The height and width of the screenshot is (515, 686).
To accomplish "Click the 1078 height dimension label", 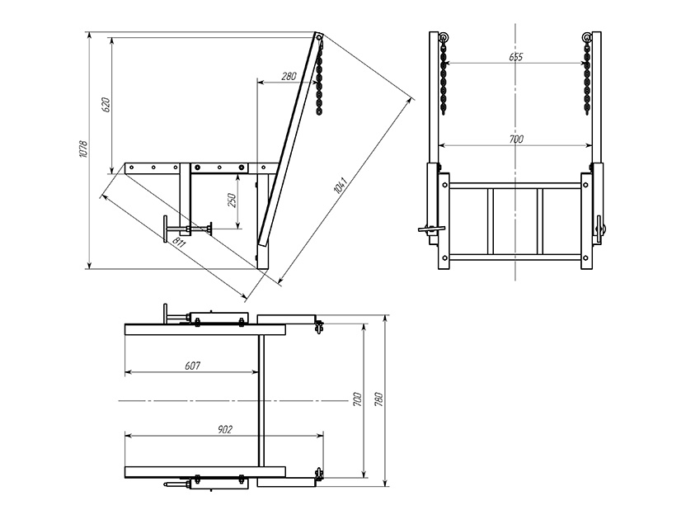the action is tap(83, 149).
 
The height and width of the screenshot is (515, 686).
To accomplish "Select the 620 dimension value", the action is tap(106, 105).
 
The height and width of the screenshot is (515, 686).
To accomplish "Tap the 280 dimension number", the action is tap(289, 76).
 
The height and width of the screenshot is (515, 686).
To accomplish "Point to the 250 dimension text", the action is tap(233, 200).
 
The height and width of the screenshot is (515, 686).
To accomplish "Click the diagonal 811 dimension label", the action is tap(178, 242).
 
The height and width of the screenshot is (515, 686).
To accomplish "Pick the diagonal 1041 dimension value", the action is tap(340, 185).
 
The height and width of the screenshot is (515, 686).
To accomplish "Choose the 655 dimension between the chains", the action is tap(516, 57).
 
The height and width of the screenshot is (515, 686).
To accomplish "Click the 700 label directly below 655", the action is tap(516, 139).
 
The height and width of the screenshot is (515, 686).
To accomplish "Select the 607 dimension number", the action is tap(192, 366).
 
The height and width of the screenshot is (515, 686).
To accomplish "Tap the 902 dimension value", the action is tap(225, 430).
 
